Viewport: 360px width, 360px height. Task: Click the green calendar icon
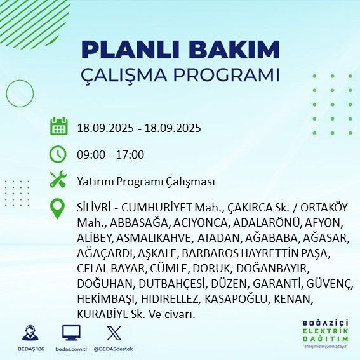click(58, 126)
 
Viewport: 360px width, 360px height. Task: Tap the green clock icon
click(58, 154)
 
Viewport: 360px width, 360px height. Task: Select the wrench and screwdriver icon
click(58, 181)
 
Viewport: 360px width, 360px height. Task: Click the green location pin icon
click(58, 209)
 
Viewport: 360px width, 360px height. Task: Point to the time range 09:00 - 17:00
click(109, 155)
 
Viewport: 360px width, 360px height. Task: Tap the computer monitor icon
click(70, 333)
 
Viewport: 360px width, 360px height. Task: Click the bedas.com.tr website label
click(70, 349)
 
